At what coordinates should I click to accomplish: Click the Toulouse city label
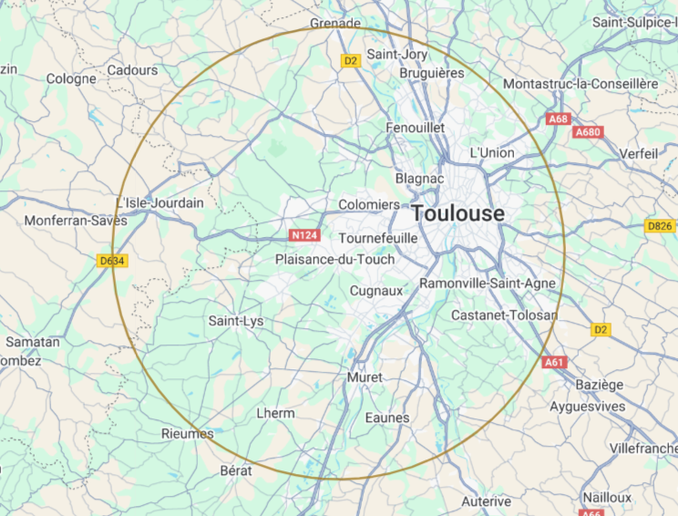pos(458,213)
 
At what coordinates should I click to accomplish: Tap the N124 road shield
pos(304,235)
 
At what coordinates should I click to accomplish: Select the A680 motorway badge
pos(588,132)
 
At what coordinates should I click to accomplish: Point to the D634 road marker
pos(111,261)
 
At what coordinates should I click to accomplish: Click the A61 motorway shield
pos(554,362)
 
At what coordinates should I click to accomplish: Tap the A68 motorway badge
pos(558,119)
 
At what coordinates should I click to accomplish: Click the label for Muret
pos(365,377)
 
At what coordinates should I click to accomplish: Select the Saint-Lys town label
pos(236,321)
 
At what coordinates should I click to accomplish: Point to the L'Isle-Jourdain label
pos(160,202)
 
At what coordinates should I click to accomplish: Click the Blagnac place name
pos(419,180)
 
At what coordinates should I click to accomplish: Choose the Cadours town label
pos(132,70)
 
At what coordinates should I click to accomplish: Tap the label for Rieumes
pos(187,433)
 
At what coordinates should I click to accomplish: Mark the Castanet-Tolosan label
pos(504,315)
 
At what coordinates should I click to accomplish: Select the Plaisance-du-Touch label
pos(335,260)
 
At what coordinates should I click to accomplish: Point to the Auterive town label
pos(486,501)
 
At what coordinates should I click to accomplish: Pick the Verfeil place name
pos(639,154)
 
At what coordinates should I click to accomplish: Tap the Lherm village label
pos(275,413)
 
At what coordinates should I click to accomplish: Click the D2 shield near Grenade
pos(351,61)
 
